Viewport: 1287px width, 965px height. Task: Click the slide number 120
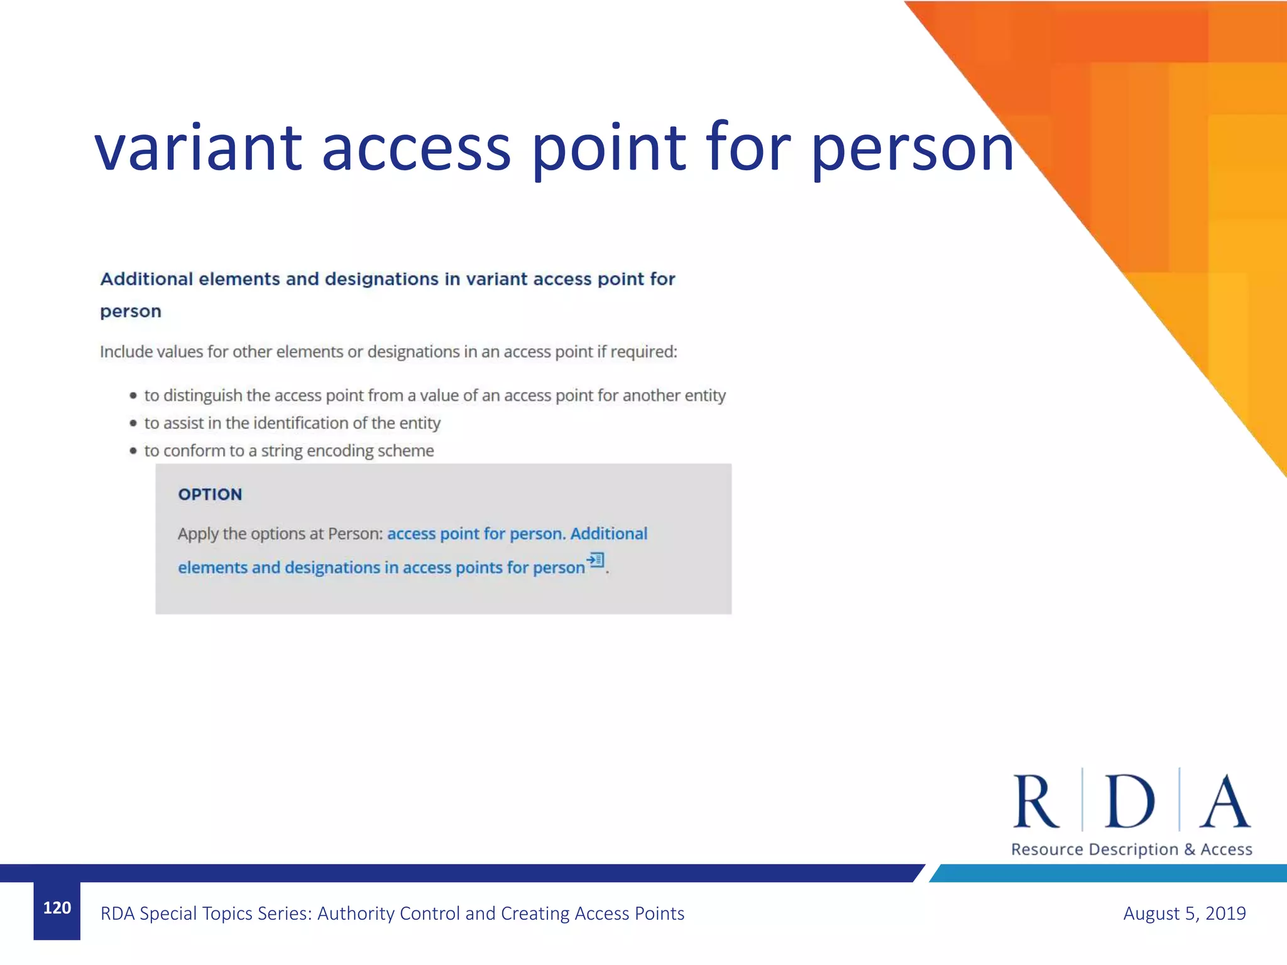click(x=57, y=908)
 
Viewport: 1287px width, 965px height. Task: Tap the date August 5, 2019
click(x=1184, y=913)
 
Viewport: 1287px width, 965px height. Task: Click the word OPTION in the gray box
click(x=210, y=494)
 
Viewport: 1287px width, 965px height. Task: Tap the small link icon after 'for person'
click(x=595, y=560)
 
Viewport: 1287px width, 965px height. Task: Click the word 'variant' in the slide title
click(x=199, y=148)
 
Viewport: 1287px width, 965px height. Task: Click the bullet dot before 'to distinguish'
click(x=133, y=396)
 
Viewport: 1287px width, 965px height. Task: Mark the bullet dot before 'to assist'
click(x=133, y=423)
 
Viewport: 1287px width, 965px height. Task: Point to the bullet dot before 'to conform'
click(x=133, y=451)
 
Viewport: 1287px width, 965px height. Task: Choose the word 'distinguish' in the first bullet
click(x=202, y=396)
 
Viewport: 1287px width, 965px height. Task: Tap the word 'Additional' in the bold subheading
click(x=146, y=279)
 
